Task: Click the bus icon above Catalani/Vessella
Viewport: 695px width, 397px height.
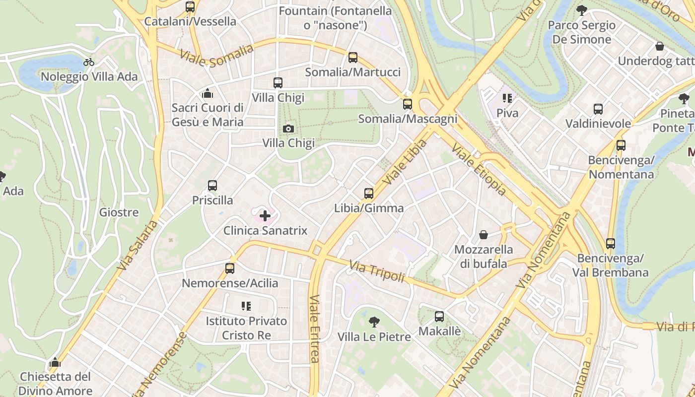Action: [x=190, y=7]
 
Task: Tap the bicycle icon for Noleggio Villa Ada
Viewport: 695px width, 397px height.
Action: [x=89, y=62]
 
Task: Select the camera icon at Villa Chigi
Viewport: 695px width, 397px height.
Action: [x=288, y=129]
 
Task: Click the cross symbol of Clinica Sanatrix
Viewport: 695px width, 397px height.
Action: [x=265, y=216]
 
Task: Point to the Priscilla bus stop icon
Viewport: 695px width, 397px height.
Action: [x=212, y=186]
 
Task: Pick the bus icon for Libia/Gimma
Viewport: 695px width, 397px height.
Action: [x=368, y=194]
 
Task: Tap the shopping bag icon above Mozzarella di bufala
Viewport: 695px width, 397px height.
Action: [x=484, y=235]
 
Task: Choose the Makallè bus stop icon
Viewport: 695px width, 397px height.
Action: [x=439, y=317]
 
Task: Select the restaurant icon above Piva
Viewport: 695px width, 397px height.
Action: [x=507, y=98]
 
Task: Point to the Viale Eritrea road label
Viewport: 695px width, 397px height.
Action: [x=314, y=329]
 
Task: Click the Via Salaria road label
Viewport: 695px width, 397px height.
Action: [x=138, y=245]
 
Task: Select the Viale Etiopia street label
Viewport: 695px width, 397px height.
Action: [x=479, y=169]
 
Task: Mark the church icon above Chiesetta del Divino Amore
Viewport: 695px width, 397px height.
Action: [x=55, y=362]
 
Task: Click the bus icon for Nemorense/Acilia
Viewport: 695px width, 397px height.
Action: [x=230, y=268]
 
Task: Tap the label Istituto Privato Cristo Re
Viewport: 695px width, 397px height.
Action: [x=246, y=328]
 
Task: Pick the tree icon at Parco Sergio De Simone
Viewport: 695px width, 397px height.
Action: [x=581, y=10]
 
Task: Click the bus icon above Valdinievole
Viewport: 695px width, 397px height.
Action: [x=598, y=109]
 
